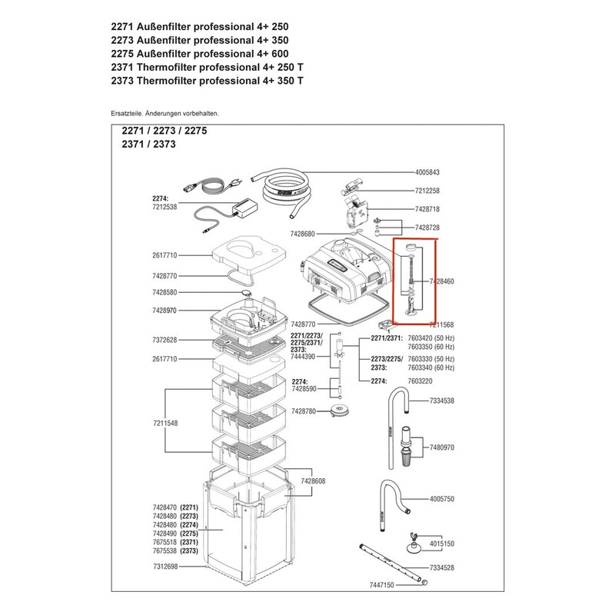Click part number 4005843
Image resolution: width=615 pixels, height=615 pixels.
point(427,172)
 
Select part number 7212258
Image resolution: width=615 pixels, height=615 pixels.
point(427,191)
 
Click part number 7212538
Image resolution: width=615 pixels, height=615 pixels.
point(165,207)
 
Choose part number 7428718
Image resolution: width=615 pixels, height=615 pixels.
point(427,209)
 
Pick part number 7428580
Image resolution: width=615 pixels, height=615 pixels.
point(165,292)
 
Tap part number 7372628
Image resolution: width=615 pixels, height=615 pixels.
point(165,340)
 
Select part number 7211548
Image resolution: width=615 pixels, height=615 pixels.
point(165,424)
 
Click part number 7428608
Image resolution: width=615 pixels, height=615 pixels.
point(313,481)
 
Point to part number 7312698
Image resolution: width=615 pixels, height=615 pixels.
point(165,567)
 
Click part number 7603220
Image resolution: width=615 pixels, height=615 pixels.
point(420,381)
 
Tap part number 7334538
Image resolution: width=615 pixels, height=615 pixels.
point(441,401)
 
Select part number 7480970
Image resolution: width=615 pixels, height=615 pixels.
point(441,447)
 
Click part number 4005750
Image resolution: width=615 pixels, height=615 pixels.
point(441,499)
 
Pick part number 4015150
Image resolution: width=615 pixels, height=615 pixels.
point(441,544)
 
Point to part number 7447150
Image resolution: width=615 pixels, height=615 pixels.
point(381,585)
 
